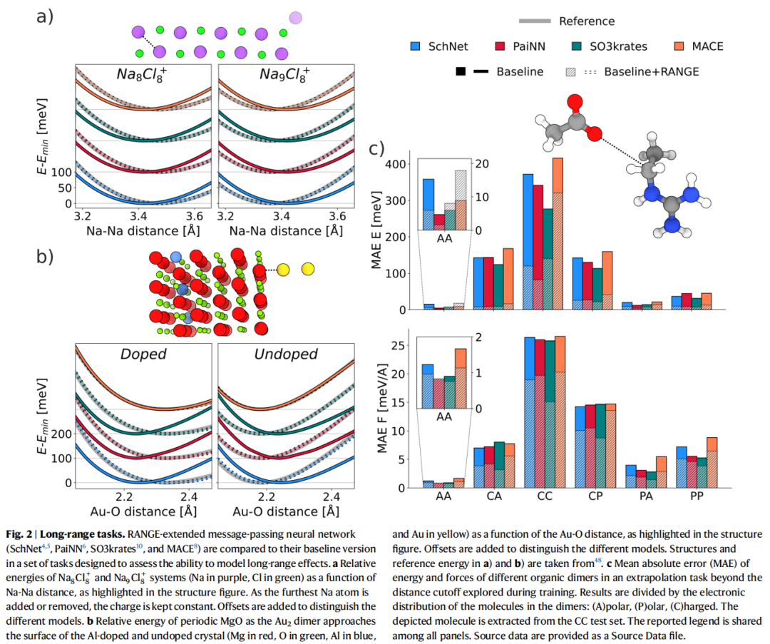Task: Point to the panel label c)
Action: tap(376, 148)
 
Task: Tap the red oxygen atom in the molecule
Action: tap(595, 133)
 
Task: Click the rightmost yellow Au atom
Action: tap(308, 269)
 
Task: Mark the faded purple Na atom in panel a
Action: tap(295, 17)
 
